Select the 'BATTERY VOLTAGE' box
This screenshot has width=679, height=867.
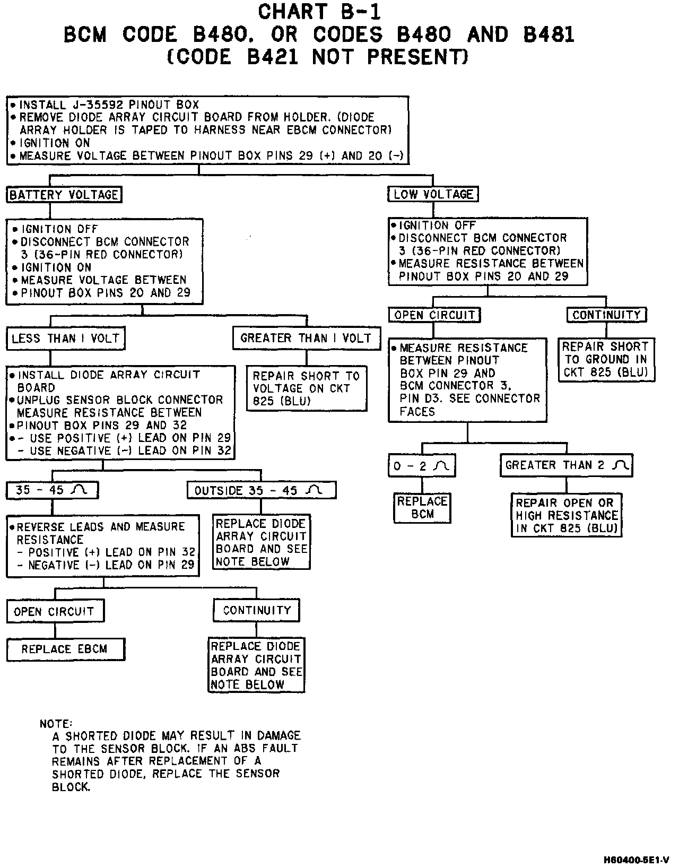point(64,195)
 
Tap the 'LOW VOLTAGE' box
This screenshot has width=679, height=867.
point(433,194)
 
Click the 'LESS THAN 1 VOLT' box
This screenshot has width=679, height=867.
point(65,339)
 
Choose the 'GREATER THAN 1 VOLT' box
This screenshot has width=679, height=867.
point(306,338)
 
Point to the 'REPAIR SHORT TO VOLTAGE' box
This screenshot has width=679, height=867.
point(306,388)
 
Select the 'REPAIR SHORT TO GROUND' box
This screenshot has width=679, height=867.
point(606,359)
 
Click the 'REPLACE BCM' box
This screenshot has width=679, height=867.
point(422,508)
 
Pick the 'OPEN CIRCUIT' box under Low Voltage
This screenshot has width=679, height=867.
point(434,315)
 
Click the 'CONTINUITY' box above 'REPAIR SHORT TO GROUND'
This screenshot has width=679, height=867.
point(606,315)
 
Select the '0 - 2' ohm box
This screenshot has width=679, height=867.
point(422,466)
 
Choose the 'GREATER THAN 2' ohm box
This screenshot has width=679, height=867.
point(566,465)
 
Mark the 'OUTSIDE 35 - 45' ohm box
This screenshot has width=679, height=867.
point(261,490)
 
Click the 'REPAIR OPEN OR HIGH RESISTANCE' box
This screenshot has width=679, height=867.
point(567,515)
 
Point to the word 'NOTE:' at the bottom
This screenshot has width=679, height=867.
point(56,724)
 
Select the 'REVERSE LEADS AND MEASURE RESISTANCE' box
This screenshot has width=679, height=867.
point(103,546)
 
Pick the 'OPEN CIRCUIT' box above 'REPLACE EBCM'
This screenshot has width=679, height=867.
point(55,611)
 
